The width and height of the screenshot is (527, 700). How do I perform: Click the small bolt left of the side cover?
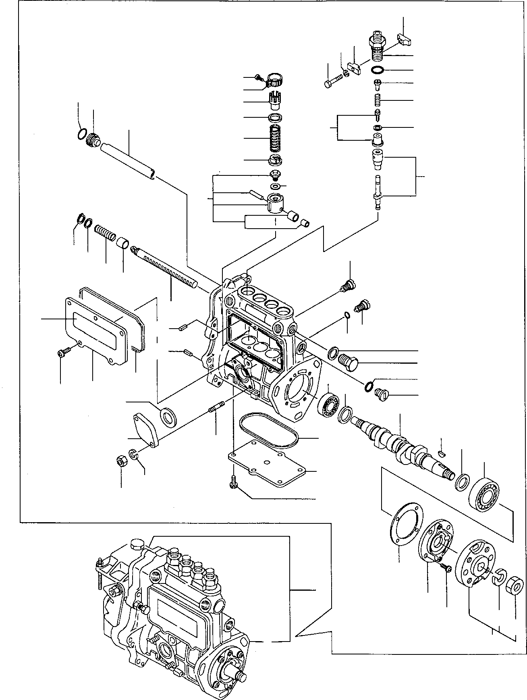point(64,353)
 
